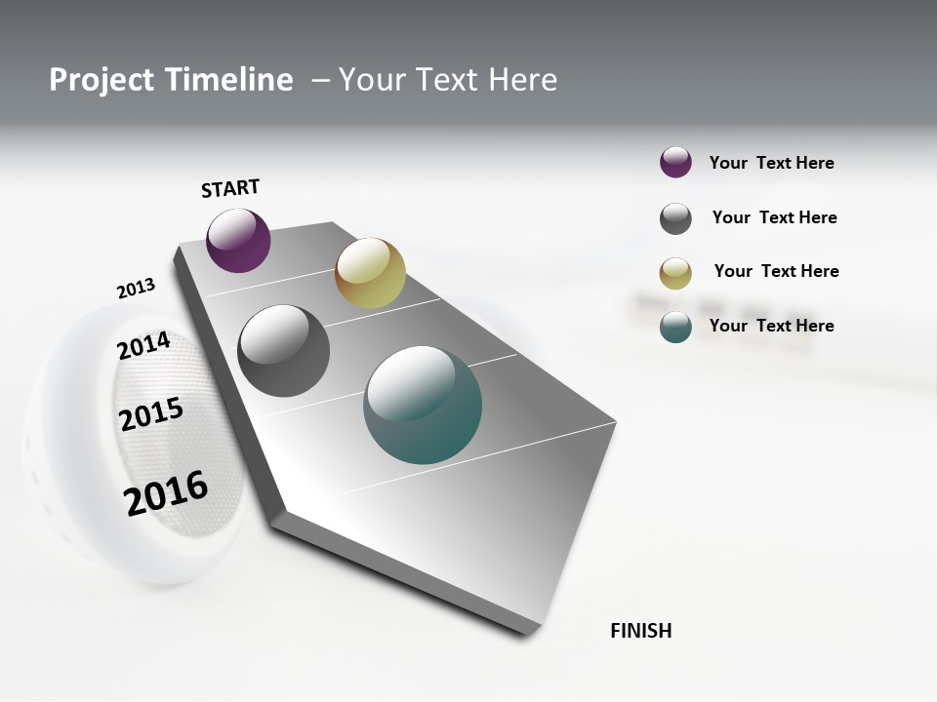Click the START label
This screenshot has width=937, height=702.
[230, 188]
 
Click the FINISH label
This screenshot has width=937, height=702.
[640, 631]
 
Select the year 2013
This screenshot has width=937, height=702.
[136, 289]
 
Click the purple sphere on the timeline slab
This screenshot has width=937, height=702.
[238, 240]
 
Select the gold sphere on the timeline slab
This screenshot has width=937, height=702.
[370, 273]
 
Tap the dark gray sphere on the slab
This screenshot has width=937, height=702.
[283, 351]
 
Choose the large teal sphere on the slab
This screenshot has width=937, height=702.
[423, 405]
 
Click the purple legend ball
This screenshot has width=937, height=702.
[675, 163]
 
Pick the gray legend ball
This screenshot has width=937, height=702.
[675, 218]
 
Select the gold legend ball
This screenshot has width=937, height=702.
[675, 273]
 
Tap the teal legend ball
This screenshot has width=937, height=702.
[675, 327]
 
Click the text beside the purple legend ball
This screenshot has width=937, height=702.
[771, 163]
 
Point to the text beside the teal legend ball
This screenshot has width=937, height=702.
[771, 326]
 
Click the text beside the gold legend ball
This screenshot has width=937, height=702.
[776, 271]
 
